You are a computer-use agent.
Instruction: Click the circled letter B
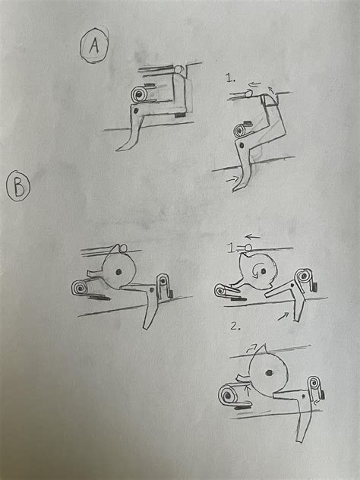[17, 186]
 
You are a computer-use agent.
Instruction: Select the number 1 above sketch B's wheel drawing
[232, 248]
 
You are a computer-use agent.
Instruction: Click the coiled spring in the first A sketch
[140, 95]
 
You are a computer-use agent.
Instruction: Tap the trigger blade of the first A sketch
[130, 137]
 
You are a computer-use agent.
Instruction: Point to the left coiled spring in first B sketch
[78, 289]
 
